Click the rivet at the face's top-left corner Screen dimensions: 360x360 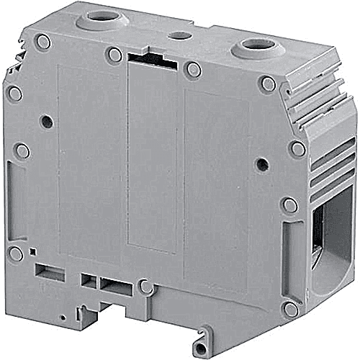pyautogui.click(x=43, y=42)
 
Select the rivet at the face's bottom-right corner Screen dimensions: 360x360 pyautogui.click(x=290, y=309)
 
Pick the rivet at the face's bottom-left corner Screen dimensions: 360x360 pyautogui.click(x=15, y=253)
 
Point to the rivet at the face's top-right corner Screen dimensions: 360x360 pyautogui.click(x=268, y=84)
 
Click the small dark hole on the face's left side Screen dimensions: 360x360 pyautogui.click(x=46, y=122)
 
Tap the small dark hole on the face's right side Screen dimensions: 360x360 pyautogui.click(x=262, y=164)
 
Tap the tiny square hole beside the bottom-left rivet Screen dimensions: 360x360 pyautogui.click(x=33, y=251)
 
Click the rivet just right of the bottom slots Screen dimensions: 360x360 pyautogui.click(x=146, y=287)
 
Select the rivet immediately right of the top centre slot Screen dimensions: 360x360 pyautogui.click(x=192, y=69)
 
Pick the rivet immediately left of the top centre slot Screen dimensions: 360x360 pyautogui.click(x=114, y=55)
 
